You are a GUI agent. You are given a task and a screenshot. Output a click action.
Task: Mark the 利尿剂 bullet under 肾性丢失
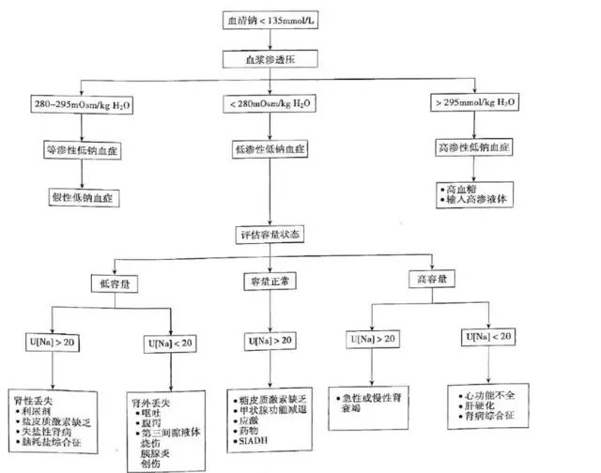click(x=39, y=411)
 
